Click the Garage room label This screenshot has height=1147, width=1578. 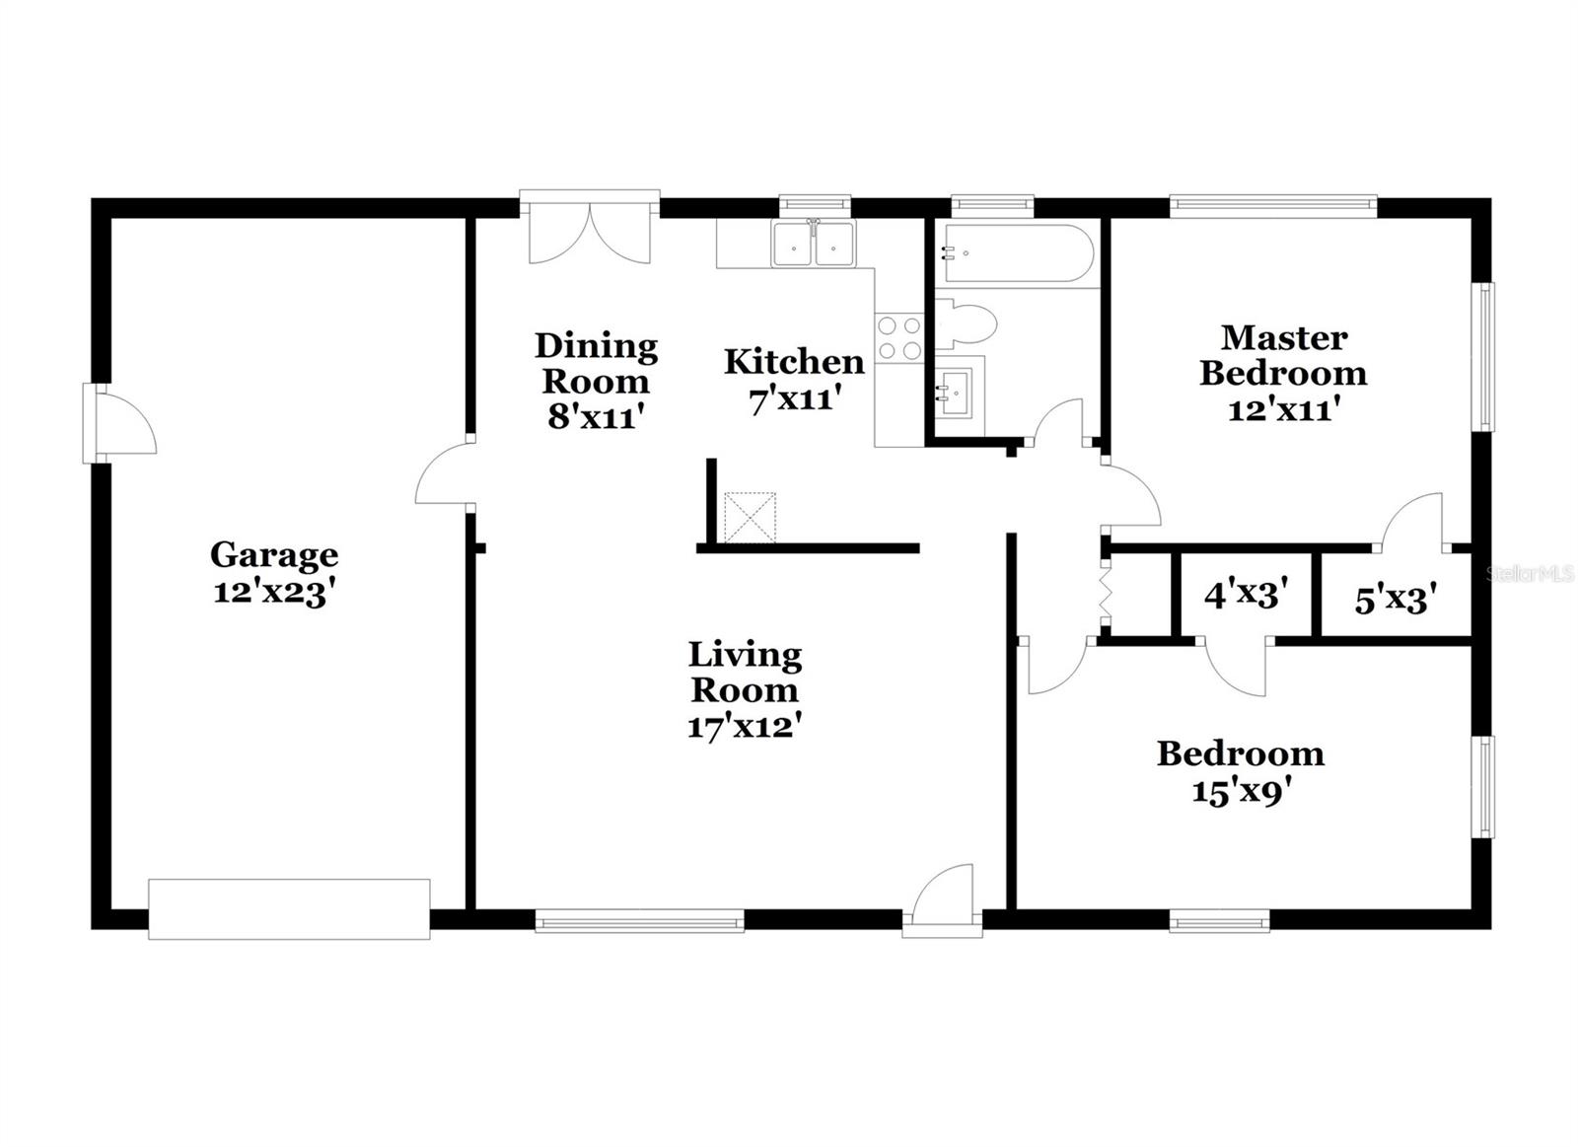click(x=273, y=555)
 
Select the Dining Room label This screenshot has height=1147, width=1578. click(x=596, y=363)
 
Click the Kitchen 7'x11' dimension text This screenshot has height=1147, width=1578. click(x=795, y=399)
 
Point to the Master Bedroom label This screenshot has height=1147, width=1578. click(x=1283, y=355)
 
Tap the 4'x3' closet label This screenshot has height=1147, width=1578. click(x=1247, y=595)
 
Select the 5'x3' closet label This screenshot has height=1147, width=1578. click(x=1395, y=599)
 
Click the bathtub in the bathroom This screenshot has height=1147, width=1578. click(x=1016, y=253)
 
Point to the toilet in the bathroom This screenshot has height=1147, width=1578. click(x=967, y=324)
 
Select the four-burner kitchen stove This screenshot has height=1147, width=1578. click(x=898, y=337)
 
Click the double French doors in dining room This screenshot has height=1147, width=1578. click(x=590, y=233)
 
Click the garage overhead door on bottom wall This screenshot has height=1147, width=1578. click(x=289, y=908)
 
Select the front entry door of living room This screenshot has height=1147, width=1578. click(x=943, y=900)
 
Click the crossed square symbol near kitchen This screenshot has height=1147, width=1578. click(x=751, y=518)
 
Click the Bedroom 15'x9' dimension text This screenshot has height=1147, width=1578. click(x=1241, y=791)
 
